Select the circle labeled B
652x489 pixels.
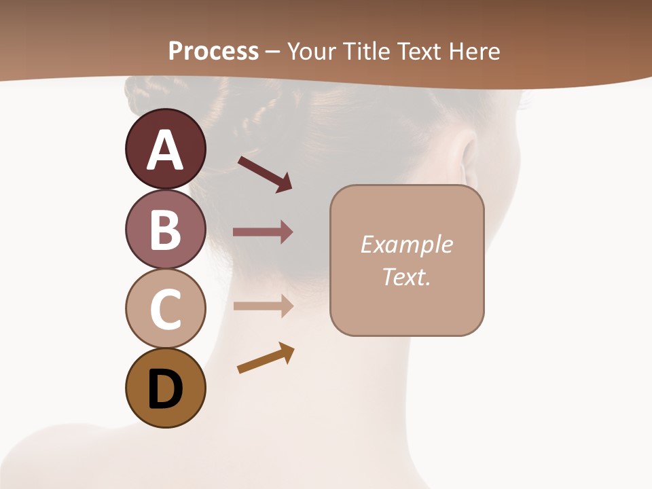point(165,229)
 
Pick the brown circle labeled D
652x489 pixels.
point(165,388)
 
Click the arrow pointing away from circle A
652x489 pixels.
point(265,173)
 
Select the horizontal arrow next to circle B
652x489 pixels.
point(263,232)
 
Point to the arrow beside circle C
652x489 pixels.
point(263,306)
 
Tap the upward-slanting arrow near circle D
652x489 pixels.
point(266,358)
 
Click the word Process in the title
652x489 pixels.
point(213,51)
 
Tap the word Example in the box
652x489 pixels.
point(406,244)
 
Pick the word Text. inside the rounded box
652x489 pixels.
point(406,276)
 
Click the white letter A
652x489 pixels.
point(165,150)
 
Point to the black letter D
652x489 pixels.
point(165,389)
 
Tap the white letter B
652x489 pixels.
point(165,229)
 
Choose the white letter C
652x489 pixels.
point(165,309)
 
